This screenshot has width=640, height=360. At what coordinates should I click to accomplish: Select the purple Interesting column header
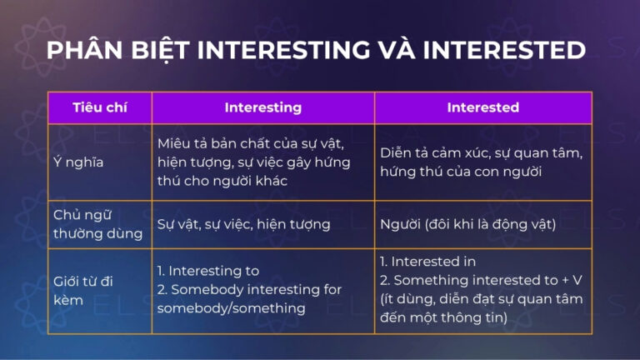pyautogui.click(x=262, y=107)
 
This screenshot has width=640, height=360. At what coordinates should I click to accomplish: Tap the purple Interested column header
pyautogui.click(x=482, y=107)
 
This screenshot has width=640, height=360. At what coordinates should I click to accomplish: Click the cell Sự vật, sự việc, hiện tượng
pyautogui.click(x=243, y=224)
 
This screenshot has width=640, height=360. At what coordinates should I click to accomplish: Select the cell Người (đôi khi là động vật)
pyautogui.click(x=467, y=224)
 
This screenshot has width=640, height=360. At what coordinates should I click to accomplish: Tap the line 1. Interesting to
pyautogui.click(x=208, y=271)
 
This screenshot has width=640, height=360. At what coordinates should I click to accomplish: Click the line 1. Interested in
pyautogui.click(x=428, y=262)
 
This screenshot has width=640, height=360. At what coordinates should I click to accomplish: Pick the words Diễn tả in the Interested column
pyautogui.click(x=404, y=153)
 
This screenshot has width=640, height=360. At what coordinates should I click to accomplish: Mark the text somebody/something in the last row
pyautogui.click(x=221, y=308)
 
